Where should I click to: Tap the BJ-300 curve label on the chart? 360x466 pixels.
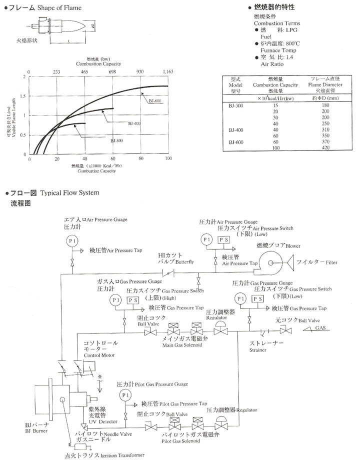115,140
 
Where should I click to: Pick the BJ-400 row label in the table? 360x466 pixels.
233,130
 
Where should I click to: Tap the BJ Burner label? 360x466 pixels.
36,429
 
